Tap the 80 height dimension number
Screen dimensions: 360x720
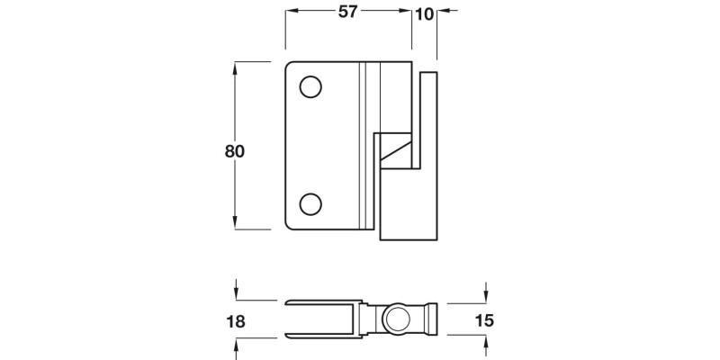point(234,151)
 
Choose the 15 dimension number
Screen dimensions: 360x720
point(483,320)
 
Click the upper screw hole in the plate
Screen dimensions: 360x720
point(310,87)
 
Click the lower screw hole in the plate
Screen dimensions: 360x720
point(310,204)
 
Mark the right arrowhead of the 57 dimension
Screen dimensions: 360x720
point(406,12)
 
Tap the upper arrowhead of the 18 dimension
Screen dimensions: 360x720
point(237,292)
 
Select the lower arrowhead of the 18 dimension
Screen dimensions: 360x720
point(237,346)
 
